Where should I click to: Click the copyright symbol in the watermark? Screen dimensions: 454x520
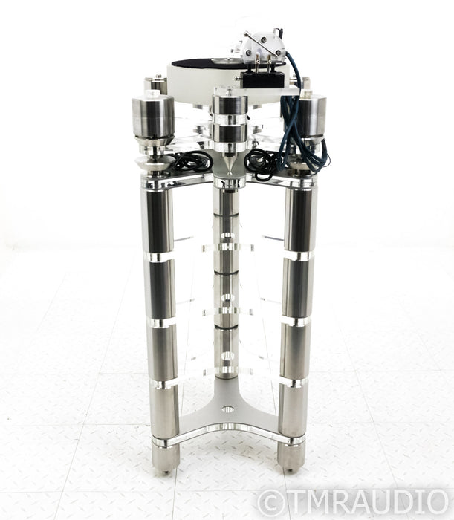click(269, 503)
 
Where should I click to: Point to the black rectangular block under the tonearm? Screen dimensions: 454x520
click(263, 79)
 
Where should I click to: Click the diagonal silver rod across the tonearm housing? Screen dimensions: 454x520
click(262, 45)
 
